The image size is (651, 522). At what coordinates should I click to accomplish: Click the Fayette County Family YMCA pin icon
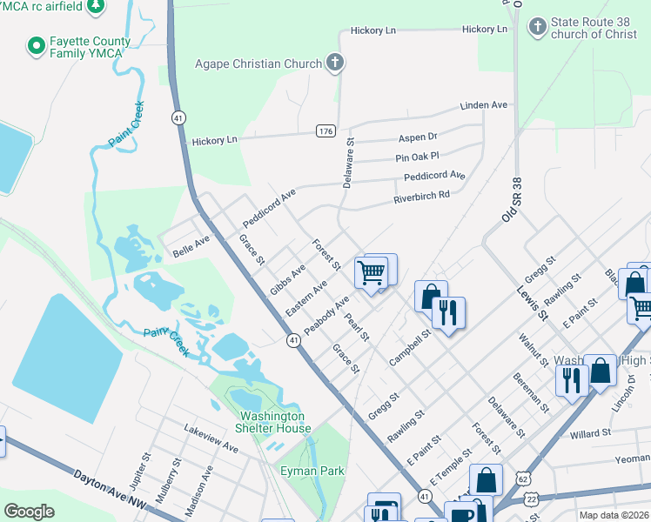pos(37,44)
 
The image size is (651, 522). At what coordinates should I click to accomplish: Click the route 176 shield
pos(326,130)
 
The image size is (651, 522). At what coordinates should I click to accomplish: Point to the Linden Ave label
pos(484,105)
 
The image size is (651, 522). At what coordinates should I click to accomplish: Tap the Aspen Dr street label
pos(418,137)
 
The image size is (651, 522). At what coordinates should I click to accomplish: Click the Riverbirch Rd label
pos(421,196)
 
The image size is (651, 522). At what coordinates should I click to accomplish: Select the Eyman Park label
pos(318,471)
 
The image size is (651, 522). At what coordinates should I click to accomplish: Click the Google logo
pos(30,511)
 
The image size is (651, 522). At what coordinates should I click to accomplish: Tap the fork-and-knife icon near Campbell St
pos(448,313)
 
